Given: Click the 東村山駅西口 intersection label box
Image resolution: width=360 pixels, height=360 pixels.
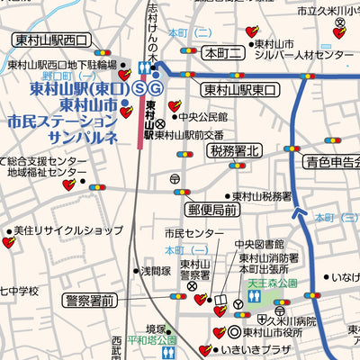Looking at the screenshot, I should (x=51, y=40).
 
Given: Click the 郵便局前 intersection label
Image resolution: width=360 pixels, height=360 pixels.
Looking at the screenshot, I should (x=213, y=209).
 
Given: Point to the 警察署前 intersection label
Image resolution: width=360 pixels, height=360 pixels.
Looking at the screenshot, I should (x=76, y=300).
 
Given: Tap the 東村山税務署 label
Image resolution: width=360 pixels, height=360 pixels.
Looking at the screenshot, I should (x=262, y=195).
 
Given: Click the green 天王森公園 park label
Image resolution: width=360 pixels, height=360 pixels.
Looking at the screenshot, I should (x=274, y=282).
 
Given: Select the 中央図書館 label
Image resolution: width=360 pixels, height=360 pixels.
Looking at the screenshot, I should (x=259, y=245).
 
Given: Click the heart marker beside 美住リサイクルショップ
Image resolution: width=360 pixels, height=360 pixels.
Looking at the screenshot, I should (x=9, y=243).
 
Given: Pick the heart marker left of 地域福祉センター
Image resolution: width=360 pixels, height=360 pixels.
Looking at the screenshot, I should (x=69, y=185).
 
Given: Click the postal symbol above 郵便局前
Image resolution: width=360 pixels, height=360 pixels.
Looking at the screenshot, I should (x=175, y=180).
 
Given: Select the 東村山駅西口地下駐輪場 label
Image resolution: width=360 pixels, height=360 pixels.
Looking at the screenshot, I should (x=62, y=65).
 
